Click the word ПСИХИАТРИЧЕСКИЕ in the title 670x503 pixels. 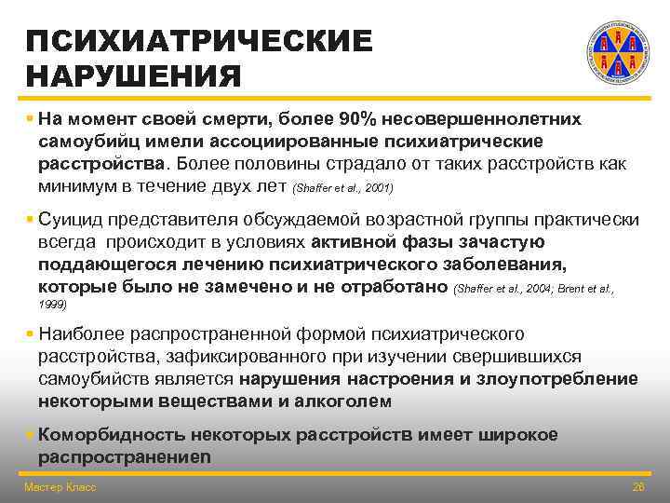click(199, 41)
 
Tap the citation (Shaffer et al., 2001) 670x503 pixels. click(342, 188)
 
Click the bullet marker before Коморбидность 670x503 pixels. click(30, 435)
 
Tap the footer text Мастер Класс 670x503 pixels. click(60, 487)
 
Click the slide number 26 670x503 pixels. click(637, 487)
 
